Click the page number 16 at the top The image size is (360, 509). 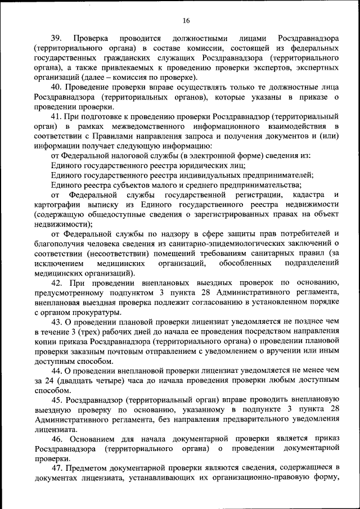[x=186, y=21]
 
